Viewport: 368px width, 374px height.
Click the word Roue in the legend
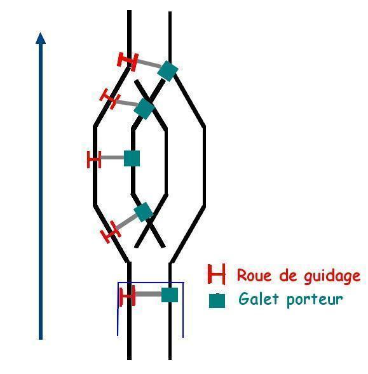coord(254,275)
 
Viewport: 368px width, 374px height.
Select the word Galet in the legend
coord(259,298)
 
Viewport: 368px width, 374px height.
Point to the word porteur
coord(315,300)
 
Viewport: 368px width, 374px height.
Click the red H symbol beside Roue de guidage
coord(216,274)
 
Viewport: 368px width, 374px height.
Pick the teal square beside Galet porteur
coord(217,300)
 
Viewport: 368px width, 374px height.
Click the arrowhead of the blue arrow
coord(41,37)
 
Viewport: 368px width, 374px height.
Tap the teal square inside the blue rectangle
coord(170,295)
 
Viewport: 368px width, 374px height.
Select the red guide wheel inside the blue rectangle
coord(128,296)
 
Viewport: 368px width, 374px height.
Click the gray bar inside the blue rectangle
coord(148,294)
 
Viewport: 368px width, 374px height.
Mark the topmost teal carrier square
coord(168,71)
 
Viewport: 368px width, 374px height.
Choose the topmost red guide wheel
coord(128,62)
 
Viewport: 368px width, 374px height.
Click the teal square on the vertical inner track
coord(132,158)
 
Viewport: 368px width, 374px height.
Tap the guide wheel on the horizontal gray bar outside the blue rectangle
coord(94,159)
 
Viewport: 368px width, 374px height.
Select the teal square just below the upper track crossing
coord(144,109)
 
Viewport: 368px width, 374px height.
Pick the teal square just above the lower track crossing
coord(143,212)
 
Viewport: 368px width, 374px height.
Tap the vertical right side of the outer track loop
coord(204,166)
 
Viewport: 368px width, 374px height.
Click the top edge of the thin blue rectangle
coord(151,283)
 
